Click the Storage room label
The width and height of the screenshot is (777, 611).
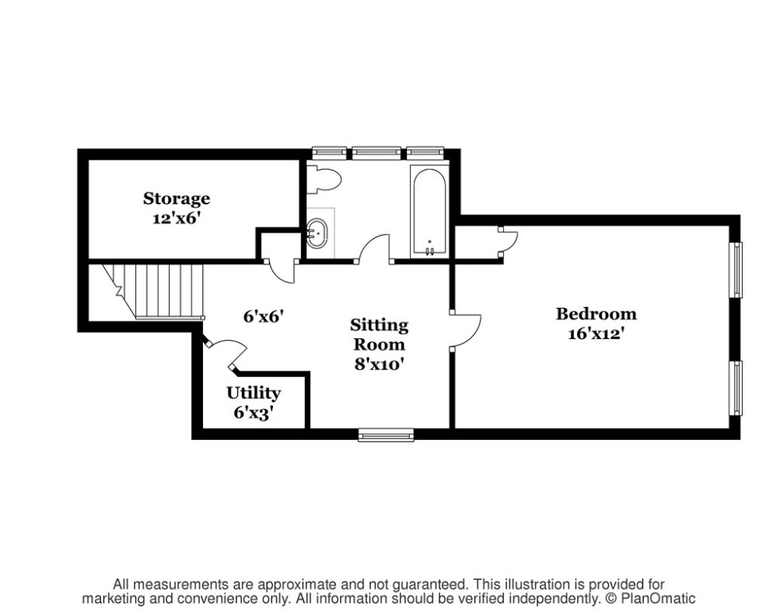coord(177,198)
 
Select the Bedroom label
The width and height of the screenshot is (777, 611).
coord(595,313)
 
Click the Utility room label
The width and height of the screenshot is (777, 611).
coord(253,393)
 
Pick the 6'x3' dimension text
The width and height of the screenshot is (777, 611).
coord(253,412)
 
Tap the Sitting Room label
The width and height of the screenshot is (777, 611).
coord(380,334)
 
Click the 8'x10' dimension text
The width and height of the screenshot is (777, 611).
coord(380,365)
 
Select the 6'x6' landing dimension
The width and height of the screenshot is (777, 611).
coord(264,315)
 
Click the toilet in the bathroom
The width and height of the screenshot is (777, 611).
coord(325,181)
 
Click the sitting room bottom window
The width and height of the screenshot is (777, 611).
coord(386,434)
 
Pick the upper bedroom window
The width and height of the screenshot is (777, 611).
coord(737,270)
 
